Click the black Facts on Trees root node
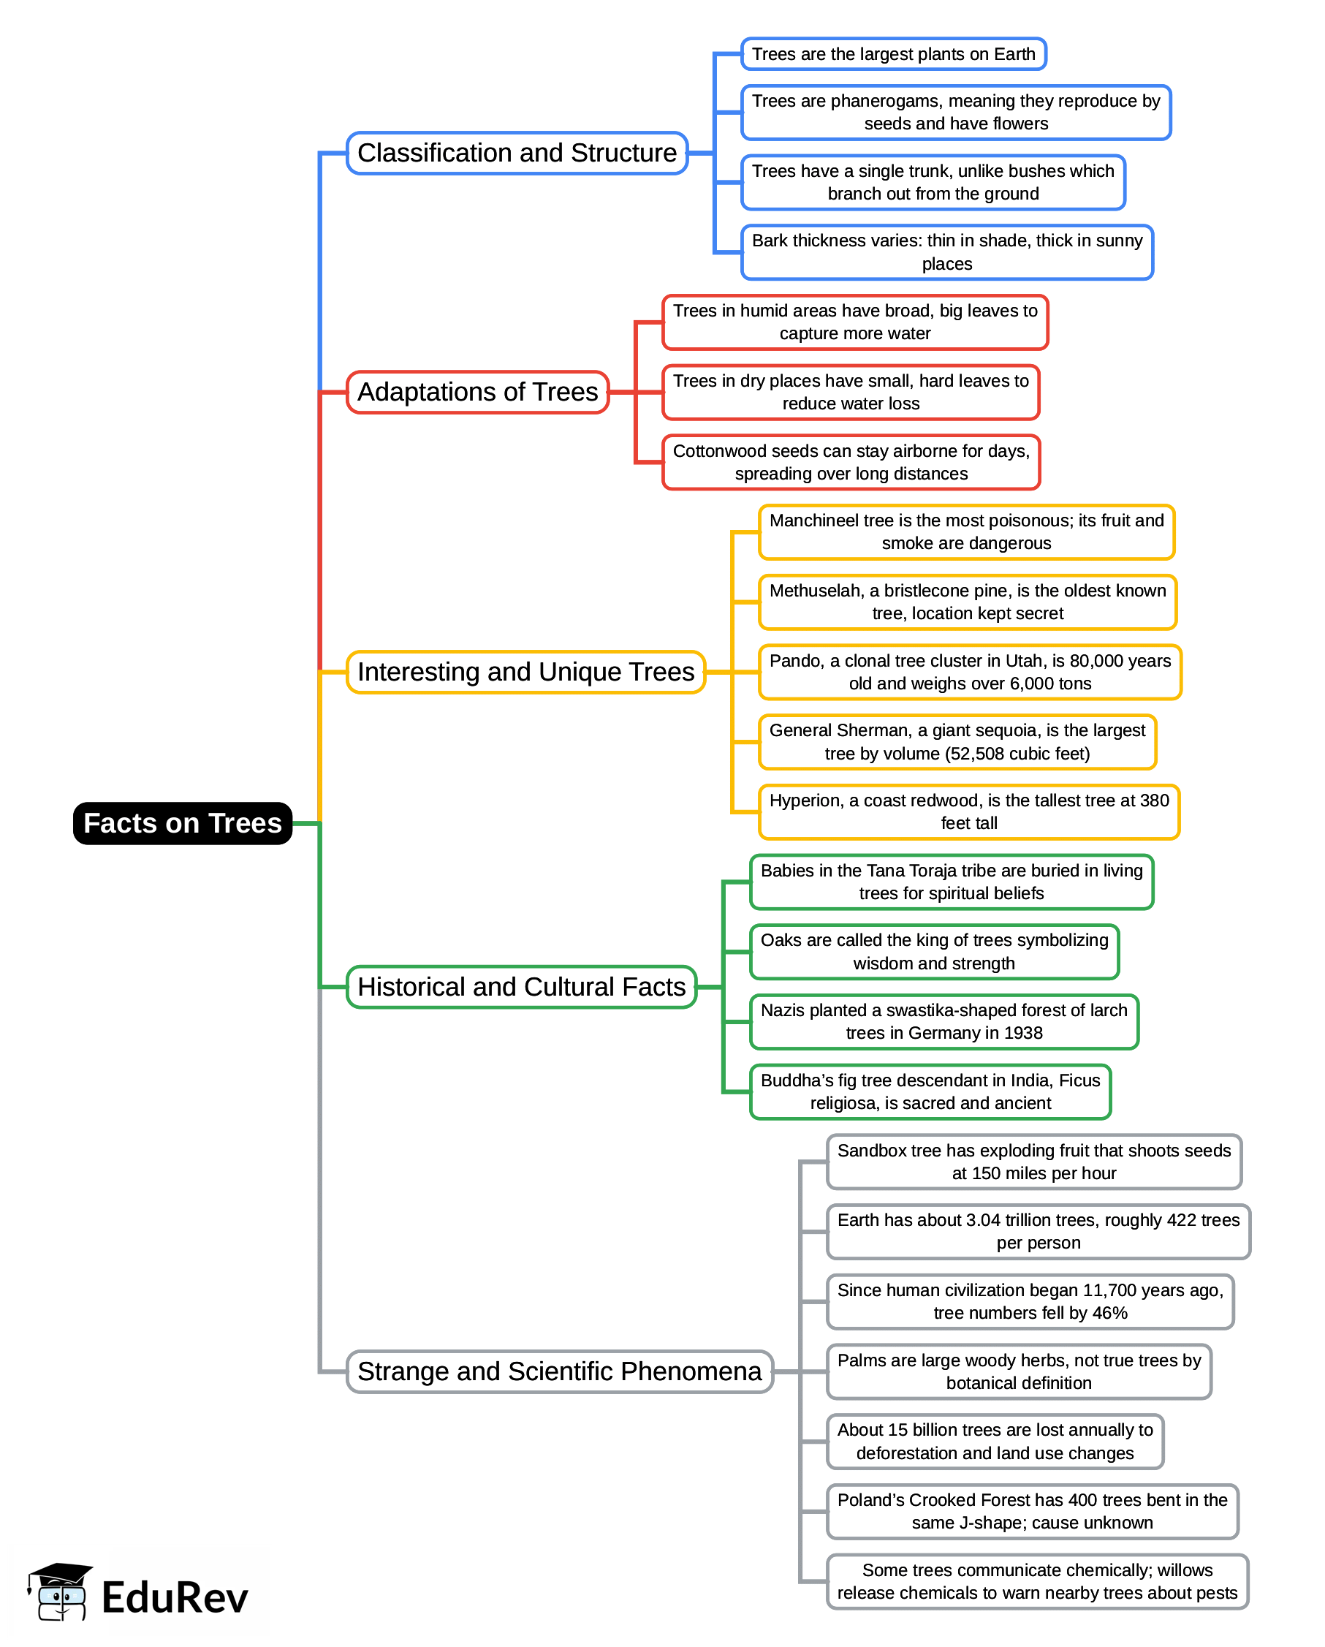183,823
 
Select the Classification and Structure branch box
517,153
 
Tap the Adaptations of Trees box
477,392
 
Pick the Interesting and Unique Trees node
525,673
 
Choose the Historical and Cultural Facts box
522,987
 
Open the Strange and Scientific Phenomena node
559,1371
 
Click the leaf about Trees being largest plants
894,54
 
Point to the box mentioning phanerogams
955,113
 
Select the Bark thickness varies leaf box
947,252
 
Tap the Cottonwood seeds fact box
851,462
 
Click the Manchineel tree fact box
966,531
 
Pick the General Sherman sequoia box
957,742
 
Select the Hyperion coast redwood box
968,811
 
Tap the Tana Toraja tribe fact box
952,882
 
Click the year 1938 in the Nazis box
1023,1033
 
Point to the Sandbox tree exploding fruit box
1034,1161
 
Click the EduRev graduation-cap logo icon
61,1592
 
